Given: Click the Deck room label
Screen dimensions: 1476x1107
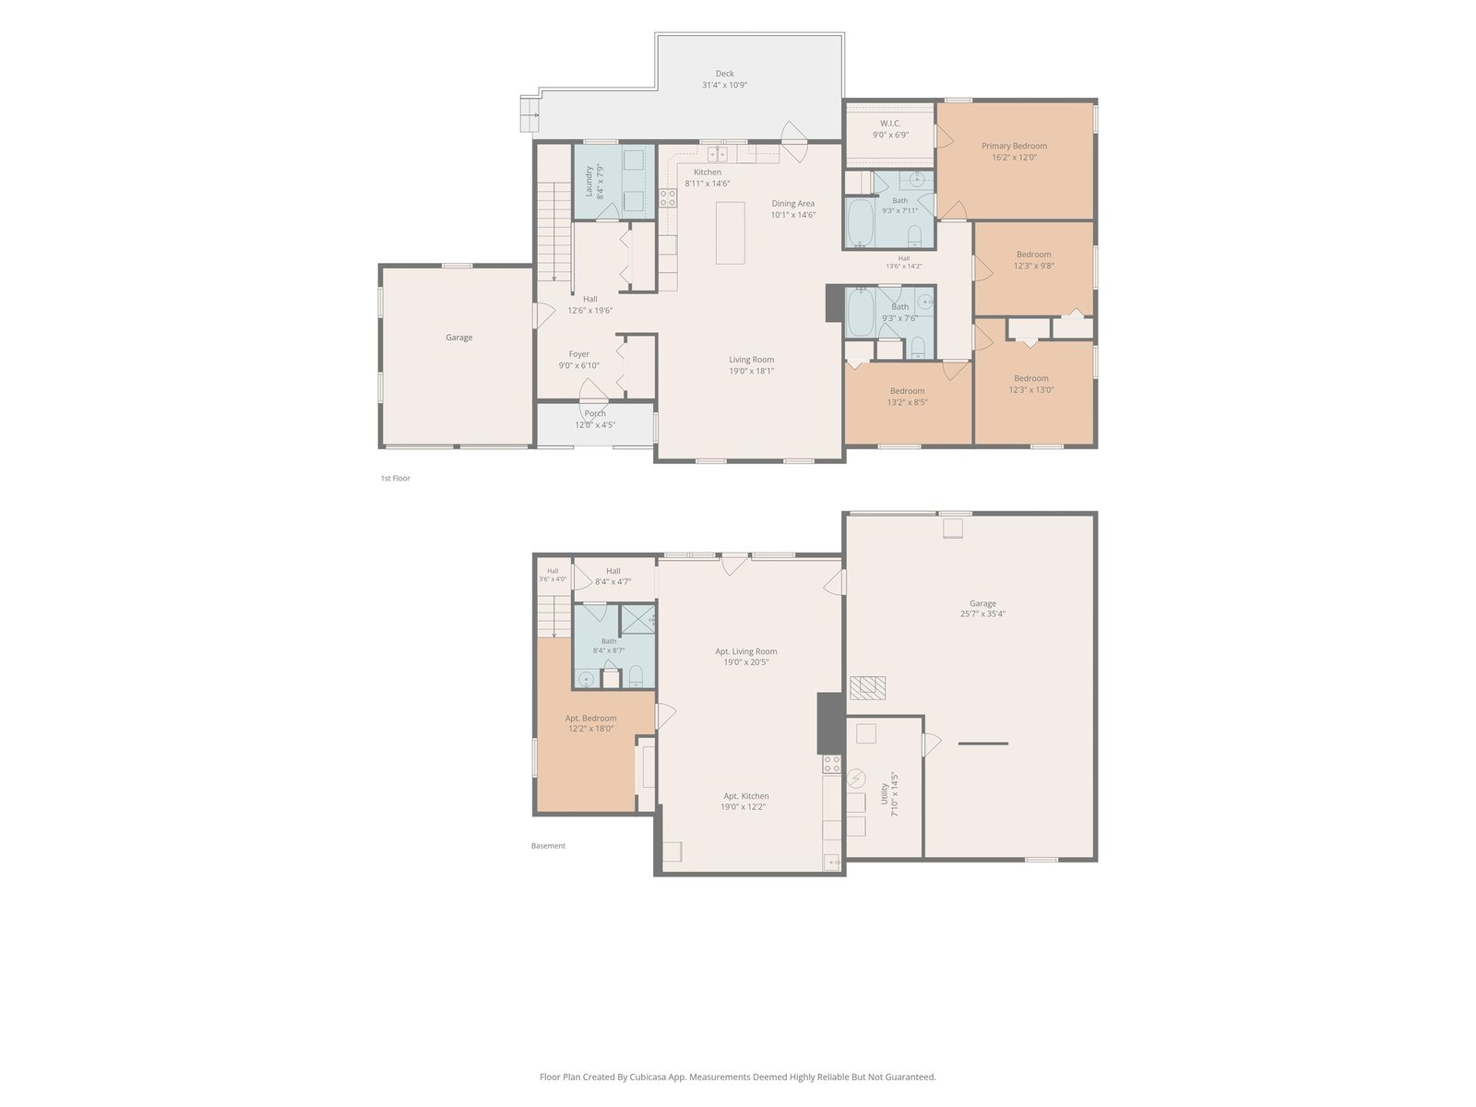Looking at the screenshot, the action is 724,73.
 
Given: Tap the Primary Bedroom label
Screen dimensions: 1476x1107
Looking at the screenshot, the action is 1013,146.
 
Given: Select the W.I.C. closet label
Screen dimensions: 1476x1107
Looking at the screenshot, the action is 890,123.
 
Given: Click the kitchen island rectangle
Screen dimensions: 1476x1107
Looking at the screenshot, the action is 730,232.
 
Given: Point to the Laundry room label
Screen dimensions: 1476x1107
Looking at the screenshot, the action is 589,182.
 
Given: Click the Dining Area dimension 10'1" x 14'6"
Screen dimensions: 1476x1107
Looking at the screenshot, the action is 792,215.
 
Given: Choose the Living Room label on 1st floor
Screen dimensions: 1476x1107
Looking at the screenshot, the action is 751,360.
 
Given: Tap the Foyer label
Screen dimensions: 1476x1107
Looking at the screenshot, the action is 578,354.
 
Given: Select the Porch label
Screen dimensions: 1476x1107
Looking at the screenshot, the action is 594,413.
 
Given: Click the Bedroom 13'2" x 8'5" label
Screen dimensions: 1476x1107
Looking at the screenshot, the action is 907,391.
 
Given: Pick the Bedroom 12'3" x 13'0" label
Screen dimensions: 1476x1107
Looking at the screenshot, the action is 1030,378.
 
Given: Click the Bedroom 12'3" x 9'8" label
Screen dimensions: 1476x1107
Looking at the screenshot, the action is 1033,255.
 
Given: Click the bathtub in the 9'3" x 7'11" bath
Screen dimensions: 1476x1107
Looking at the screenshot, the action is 859,222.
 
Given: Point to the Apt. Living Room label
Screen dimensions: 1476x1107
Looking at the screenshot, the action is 745,651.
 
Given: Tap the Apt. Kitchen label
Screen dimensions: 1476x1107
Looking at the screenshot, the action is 745,796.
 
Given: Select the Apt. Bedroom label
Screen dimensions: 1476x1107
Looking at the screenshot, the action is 590,718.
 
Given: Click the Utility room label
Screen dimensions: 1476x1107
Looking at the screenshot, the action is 885,793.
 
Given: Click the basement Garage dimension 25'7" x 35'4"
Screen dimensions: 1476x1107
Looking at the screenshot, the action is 982,613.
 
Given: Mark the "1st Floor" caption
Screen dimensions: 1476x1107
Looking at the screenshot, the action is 395,479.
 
